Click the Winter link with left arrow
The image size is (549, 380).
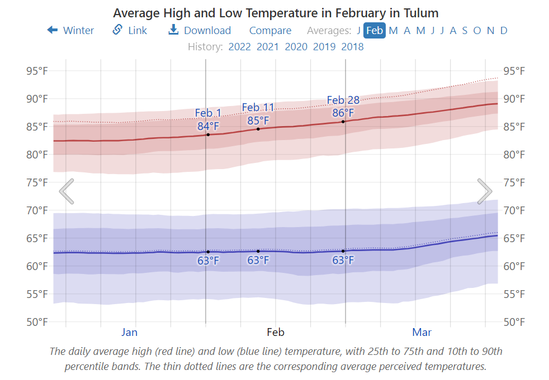pyautogui.click(x=70, y=30)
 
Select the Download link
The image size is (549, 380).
pyautogui.click(x=200, y=30)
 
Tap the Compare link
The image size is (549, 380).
pyautogui.click(x=270, y=30)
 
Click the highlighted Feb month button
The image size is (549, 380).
pyautogui.click(x=375, y=30)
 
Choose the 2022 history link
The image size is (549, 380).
pyautogui.click(x=239, y=46)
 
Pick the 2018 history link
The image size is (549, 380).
pyautogui.click(x=352, y=46)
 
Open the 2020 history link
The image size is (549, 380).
pyautogui.click(x=296, y=46)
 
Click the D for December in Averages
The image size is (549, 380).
pyautogui.click(x=504, y=30)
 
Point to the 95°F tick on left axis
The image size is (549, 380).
pyautogui.click(x=37, y=71)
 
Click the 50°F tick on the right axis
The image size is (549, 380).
pyautogui.click(x=514, y=322)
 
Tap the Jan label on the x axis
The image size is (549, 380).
pyautogui.click(x=129, y=333)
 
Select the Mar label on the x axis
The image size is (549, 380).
pyautogui.click(x=422, y=333)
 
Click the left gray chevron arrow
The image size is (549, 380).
pyautogui.click(x=67, y=191)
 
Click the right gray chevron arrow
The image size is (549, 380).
pyautogui.click(x=484, y=191)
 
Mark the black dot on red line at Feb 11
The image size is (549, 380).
pyautogui.click(x=258, y=129)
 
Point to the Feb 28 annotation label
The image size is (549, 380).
pyautogui.click(x=343, y=100)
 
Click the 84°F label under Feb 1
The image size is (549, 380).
pyautogui.click(x=208, y=126)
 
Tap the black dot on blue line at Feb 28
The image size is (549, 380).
pyautogui.click(x=343, y=251)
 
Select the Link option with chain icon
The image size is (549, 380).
pyautogui.click(x=130, y=30)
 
